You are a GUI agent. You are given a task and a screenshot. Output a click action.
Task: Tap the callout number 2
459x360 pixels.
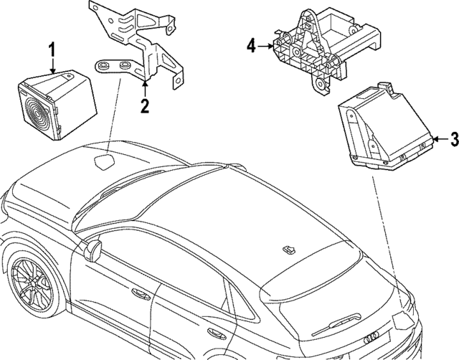click(x=145, y=108)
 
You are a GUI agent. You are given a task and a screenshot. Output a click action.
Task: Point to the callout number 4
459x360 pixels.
click(x=251, y=47)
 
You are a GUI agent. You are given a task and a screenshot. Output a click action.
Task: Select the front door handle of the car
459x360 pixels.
click(x=138, y=293)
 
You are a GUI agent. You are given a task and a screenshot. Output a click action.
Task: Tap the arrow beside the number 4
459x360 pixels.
click(x=266, y=47)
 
